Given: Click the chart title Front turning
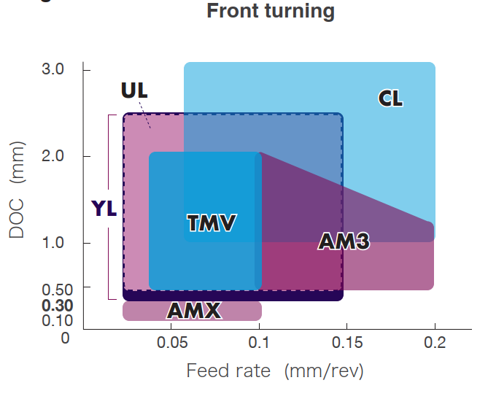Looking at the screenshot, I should [271, 12].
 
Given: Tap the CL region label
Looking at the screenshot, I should [391, 98].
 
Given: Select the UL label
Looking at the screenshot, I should [134, 91].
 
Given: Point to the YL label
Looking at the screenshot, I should [104, 209].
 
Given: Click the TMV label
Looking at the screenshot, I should [212, 223].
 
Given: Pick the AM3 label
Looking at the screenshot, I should [343, 241].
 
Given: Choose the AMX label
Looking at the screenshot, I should [193, 311].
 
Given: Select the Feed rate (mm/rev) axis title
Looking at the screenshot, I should [274, 371].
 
